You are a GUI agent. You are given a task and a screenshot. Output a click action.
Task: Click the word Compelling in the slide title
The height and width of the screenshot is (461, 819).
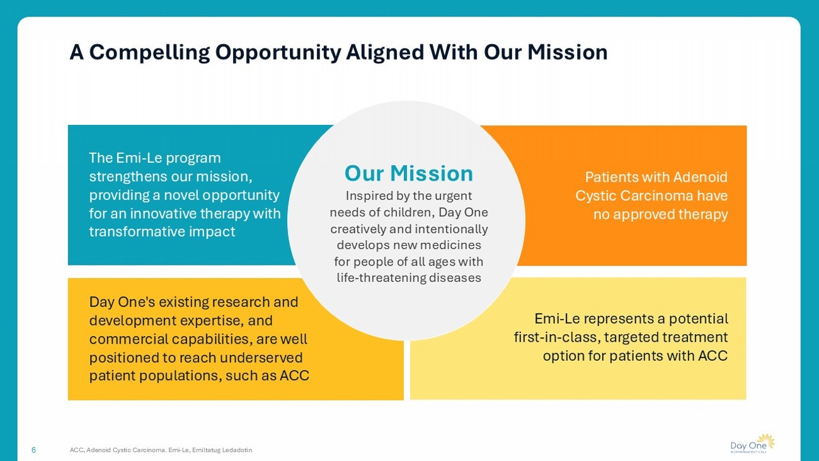(149, 52)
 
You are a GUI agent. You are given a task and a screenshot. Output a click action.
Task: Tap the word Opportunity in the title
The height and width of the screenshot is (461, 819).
(278, 52)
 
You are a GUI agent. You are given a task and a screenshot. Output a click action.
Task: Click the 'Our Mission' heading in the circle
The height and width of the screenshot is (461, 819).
(408, 173)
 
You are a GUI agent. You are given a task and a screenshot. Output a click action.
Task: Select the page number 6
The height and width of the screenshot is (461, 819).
(33, 450)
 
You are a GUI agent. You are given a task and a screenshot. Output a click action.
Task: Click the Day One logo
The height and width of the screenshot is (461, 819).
(752, 443)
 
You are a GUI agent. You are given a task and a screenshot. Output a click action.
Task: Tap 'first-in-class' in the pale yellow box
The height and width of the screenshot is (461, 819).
(557, 337)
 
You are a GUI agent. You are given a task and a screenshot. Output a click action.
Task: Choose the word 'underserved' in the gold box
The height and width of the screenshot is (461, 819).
(261, 358)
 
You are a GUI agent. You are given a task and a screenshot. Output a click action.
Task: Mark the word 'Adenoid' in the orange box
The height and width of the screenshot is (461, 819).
(700, 177)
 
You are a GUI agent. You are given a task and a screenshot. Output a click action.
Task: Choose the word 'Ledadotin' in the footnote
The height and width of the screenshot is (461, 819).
(237, 450)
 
